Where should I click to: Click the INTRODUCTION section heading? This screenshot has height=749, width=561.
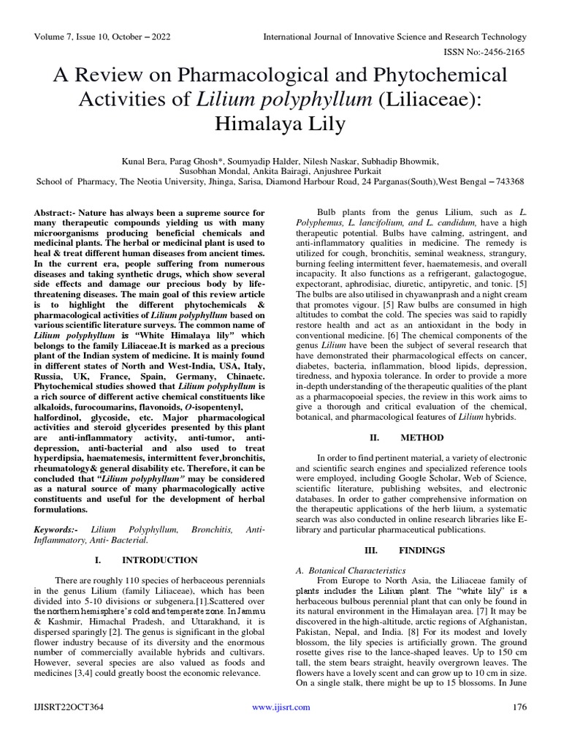coord(160,560)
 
